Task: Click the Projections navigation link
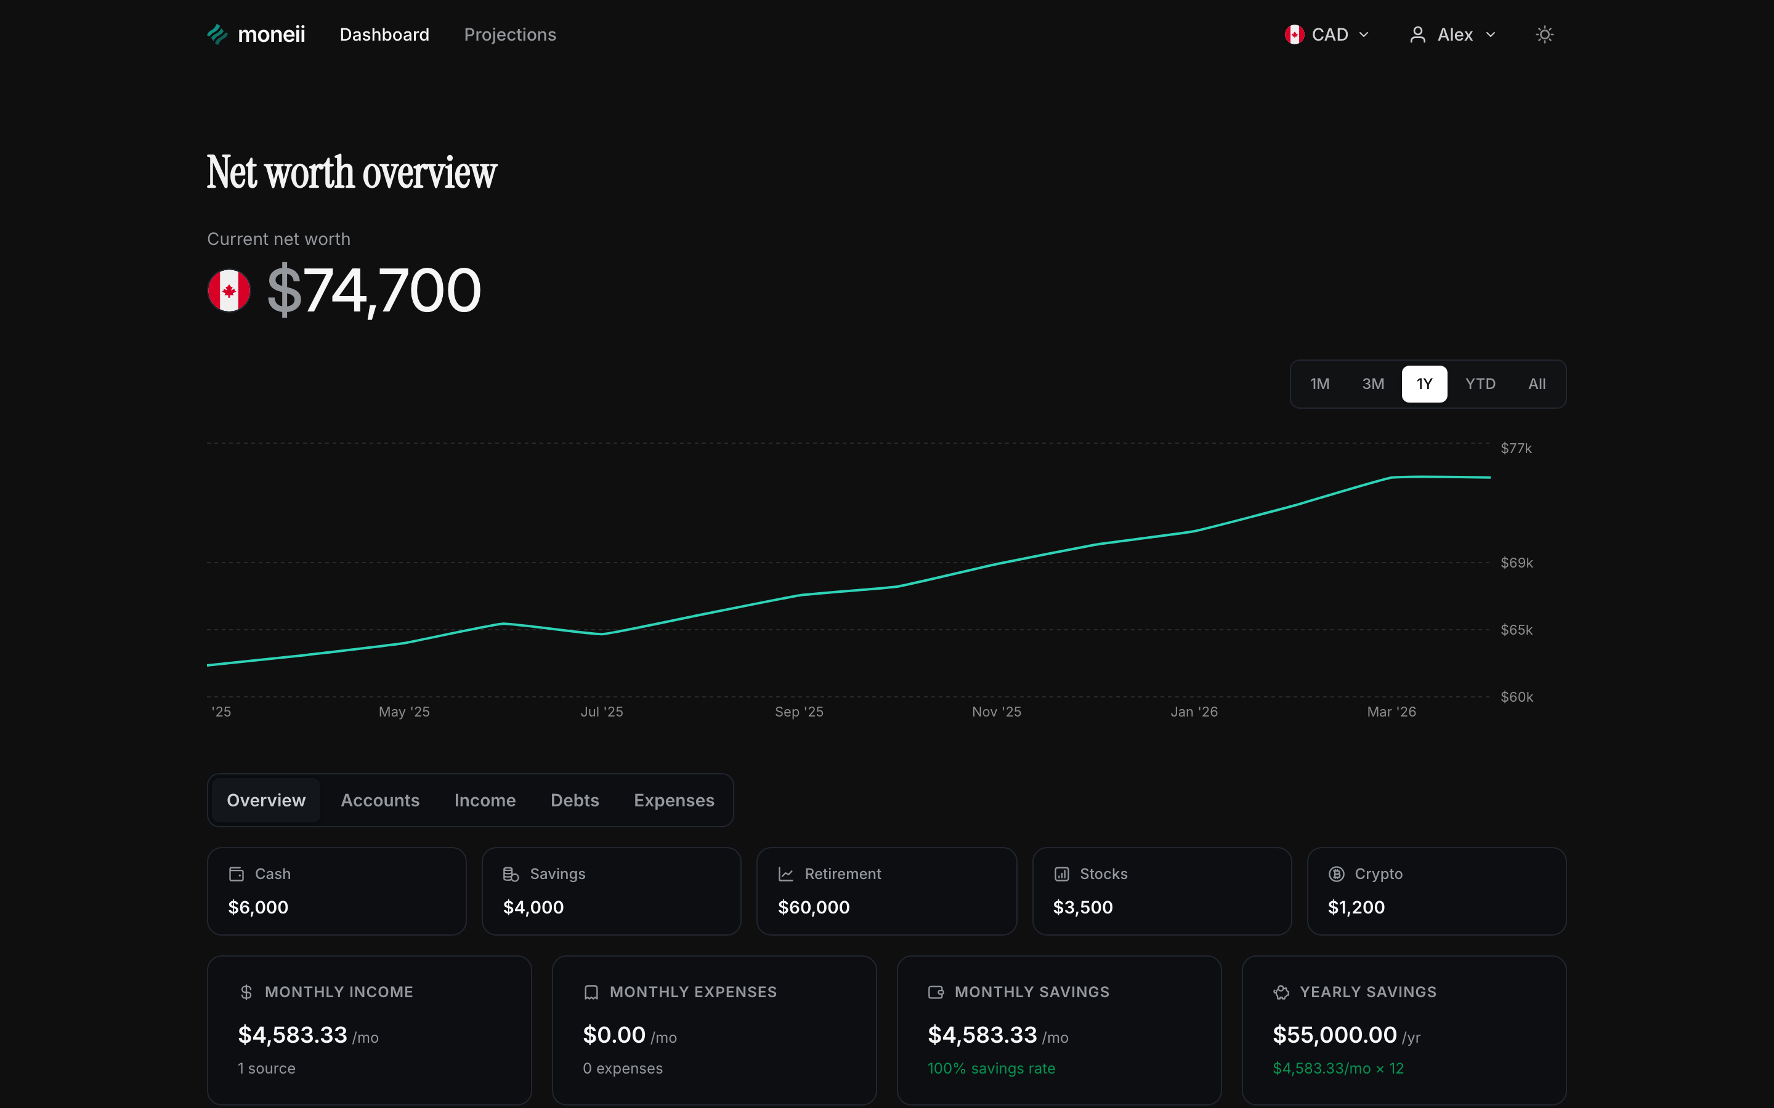click(x=509, y=34)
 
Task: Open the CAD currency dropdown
click(x=1327, y=34)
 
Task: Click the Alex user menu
click(x=1452, y=34)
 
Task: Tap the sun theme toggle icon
click(x=1545, y=34)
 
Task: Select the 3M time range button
click(x=1372, y=384)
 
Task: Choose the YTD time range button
click(x=1480, y=384)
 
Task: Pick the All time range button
click(x=1536, y=384)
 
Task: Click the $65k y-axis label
click(x=1516, y=630)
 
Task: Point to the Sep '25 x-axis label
click(x=799, y=712)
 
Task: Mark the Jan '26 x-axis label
click(x=1193, y=712)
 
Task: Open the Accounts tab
click(x=379, y=800)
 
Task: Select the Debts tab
click(x=575, y=800)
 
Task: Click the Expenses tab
click(x=674, y=800)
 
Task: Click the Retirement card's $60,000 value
click(x=814, y=907)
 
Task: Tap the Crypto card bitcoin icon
click(x=1337, y=873)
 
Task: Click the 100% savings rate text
click(x=991, y=1069)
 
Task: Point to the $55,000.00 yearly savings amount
click(x=1334, y=1035)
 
